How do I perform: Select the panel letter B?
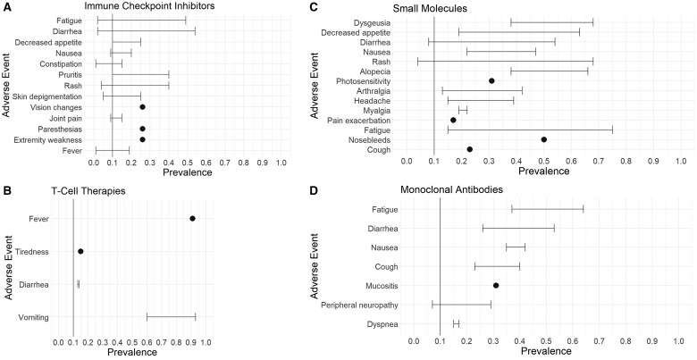7,190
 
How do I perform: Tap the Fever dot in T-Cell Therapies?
192,219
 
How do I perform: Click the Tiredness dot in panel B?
80,252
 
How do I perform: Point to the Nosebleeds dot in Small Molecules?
543,139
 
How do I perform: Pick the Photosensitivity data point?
491,81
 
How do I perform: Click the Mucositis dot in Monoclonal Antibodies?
496,285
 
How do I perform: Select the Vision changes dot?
142,106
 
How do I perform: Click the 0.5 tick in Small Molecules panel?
543,161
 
